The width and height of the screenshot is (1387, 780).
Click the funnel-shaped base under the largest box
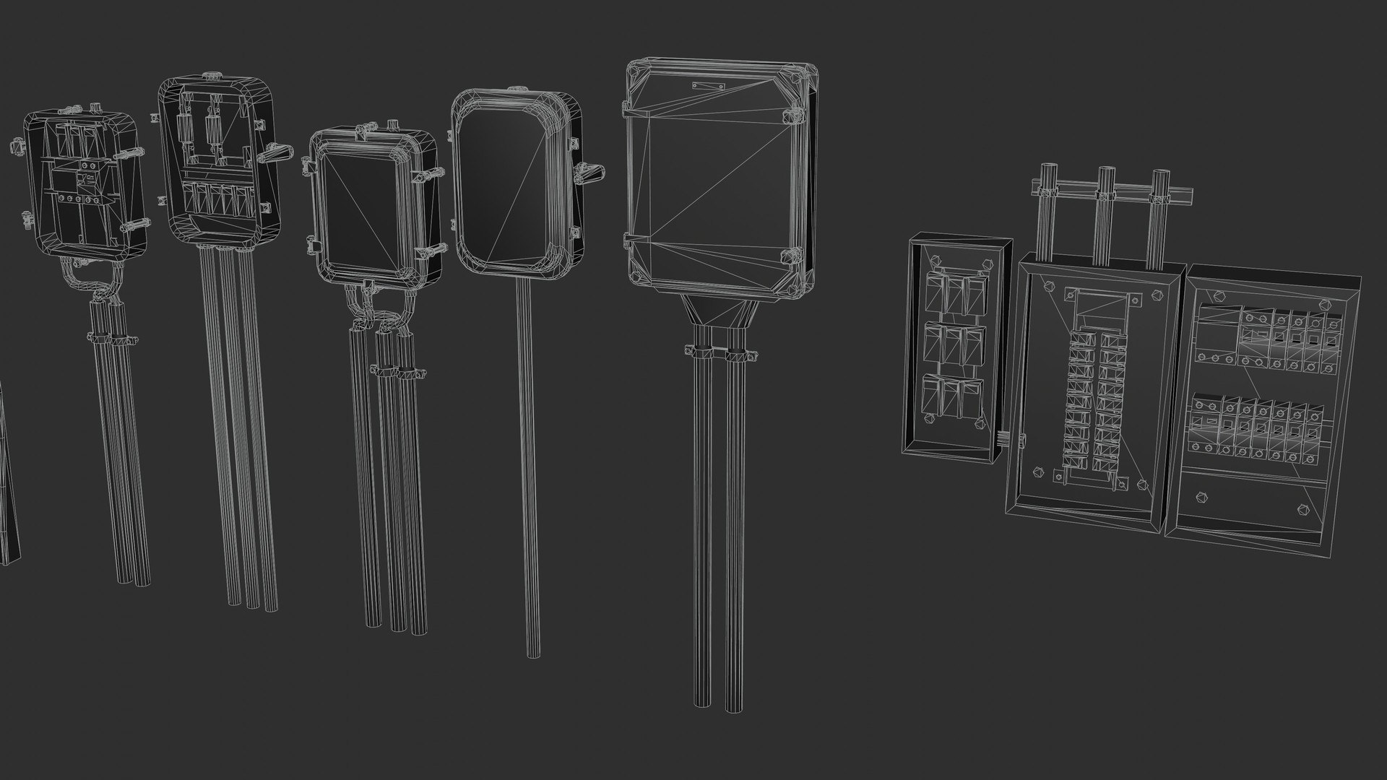[x=720, y=311]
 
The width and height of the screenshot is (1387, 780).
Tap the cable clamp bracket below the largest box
[x=719, y=354]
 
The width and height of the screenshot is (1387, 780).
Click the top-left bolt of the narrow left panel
[x=932, y=264]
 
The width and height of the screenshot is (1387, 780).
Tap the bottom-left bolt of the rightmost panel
[x=1201, y=498]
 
